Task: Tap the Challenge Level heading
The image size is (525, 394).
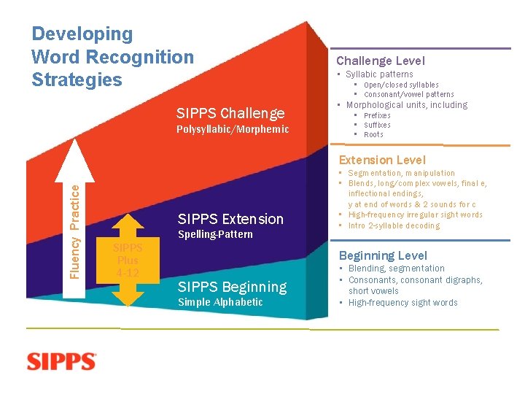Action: [380, 61]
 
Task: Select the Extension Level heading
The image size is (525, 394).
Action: [382, 160]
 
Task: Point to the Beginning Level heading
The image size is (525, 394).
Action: [383, 255]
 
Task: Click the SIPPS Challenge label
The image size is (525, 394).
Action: [230, 113]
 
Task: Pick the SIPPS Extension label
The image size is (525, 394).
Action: [230, 219]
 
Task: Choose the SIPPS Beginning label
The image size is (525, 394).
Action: [232, 287]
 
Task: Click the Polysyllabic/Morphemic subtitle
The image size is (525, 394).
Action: [233, 129]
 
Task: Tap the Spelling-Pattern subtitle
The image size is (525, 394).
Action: [215, 234]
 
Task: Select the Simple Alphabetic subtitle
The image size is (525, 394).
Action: [220, 302]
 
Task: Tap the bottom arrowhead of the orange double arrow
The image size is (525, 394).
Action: [128, 301]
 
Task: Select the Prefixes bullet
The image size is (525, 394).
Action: [377, 115]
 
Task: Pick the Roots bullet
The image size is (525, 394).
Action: [373, 134]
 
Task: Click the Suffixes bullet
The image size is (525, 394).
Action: [377, 125]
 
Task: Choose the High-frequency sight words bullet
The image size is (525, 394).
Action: [402, 303]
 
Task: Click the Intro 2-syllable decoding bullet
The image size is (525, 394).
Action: [394, 225]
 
